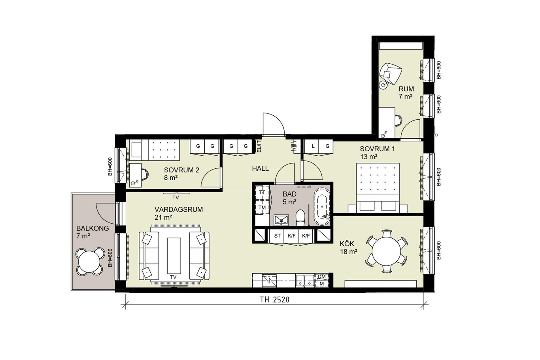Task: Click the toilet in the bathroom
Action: point(300,218)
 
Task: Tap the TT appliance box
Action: point(262,192)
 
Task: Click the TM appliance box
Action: point(262,207)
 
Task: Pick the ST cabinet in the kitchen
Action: point(277,236)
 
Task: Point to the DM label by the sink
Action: point(322,277)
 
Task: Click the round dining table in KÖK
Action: point(386,251)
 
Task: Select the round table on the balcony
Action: point(89,262)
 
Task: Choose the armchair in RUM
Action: point(390,73)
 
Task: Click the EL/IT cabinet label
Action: point(259,146)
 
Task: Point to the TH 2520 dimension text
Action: point(275,300)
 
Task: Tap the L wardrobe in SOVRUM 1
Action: point(313,146)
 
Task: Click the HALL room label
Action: point(261,168)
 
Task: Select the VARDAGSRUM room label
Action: point(179,209)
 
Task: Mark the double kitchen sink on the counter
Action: point(305,281)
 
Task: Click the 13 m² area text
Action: point(368,157)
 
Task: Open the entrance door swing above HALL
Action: point(274,124)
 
